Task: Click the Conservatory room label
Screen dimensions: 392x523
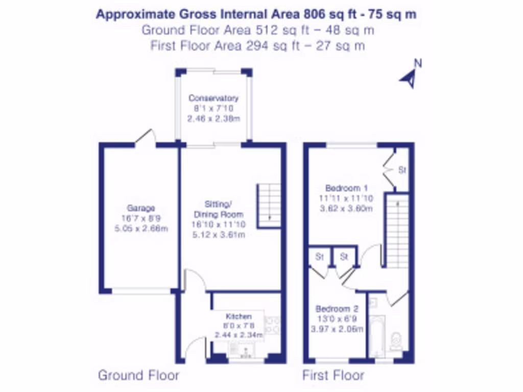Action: tap(213, 98)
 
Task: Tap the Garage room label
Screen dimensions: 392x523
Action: tap(141, 208)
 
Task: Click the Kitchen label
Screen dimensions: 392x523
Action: tap(239, 317)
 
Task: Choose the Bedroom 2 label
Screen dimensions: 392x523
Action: tap(337, 309)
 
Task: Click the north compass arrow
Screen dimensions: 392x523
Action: tap(410, 78)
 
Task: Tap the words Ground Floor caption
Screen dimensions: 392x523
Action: tap(138, 376)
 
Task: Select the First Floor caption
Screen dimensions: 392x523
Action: tap(333, 376)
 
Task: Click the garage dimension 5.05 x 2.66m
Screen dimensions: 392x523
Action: tap(141, 228)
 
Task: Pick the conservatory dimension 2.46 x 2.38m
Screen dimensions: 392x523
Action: tap(213, 118)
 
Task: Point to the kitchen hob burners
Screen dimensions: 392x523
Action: tap(273, 325)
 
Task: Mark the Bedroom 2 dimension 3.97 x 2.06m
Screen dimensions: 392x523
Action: tap(337, 329)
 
